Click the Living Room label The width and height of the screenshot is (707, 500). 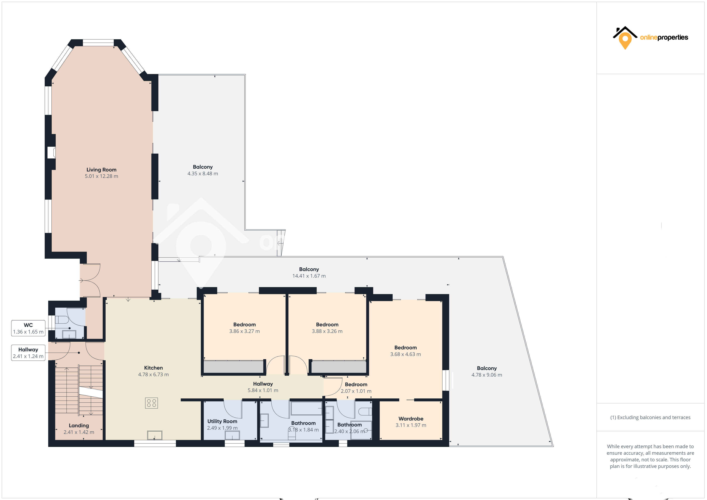pyautogui.click(x=101, y=170)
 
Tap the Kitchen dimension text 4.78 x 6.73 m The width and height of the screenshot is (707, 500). pyautogui.click(x=153, y=374)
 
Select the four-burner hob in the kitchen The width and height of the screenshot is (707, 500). pyautogui.click(x=151, y=403)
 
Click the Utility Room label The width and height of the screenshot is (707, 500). pyautogui.click(x=222, y=421)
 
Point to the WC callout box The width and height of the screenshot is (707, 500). pyautogui.click(x=28, y=328)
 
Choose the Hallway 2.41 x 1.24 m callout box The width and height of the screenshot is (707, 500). pyautogui.click(x=28, y=353)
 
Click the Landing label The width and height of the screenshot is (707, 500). pyautogui.click(x=79, y=425)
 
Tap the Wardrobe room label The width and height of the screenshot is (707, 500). pyautogui.click(x=411, y=419)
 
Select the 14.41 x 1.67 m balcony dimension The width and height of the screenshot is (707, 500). pyautogui.click(x=309, y=276)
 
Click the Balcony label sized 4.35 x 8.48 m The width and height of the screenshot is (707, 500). pyautogui.click(x=203, y=167)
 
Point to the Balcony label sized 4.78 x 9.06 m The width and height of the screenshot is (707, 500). pyautogui.click(x=487, y=368)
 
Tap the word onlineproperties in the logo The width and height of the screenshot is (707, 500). pyautogui.click(x=664, y=38)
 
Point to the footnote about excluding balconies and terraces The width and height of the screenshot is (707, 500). pyautogui.click(x=650, y=417)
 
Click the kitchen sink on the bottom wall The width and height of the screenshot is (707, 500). pyautogui.click(x=155, y=435)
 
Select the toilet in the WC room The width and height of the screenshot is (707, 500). pyautogui.click(x=62, y=320)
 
